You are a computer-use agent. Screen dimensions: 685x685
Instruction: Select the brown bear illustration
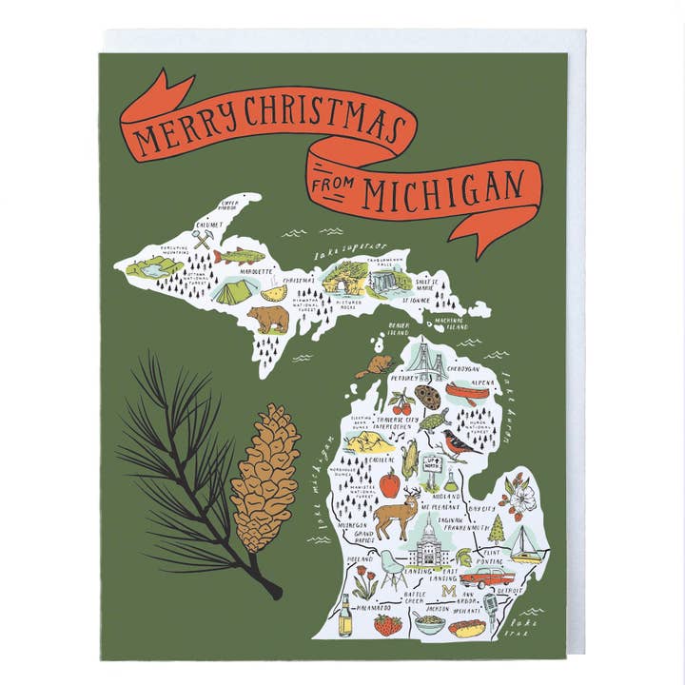(x=268, y=319)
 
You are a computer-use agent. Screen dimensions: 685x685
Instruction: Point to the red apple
(x=389, y=483)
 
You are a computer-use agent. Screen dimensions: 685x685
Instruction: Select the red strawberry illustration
(x=386, y=624)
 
